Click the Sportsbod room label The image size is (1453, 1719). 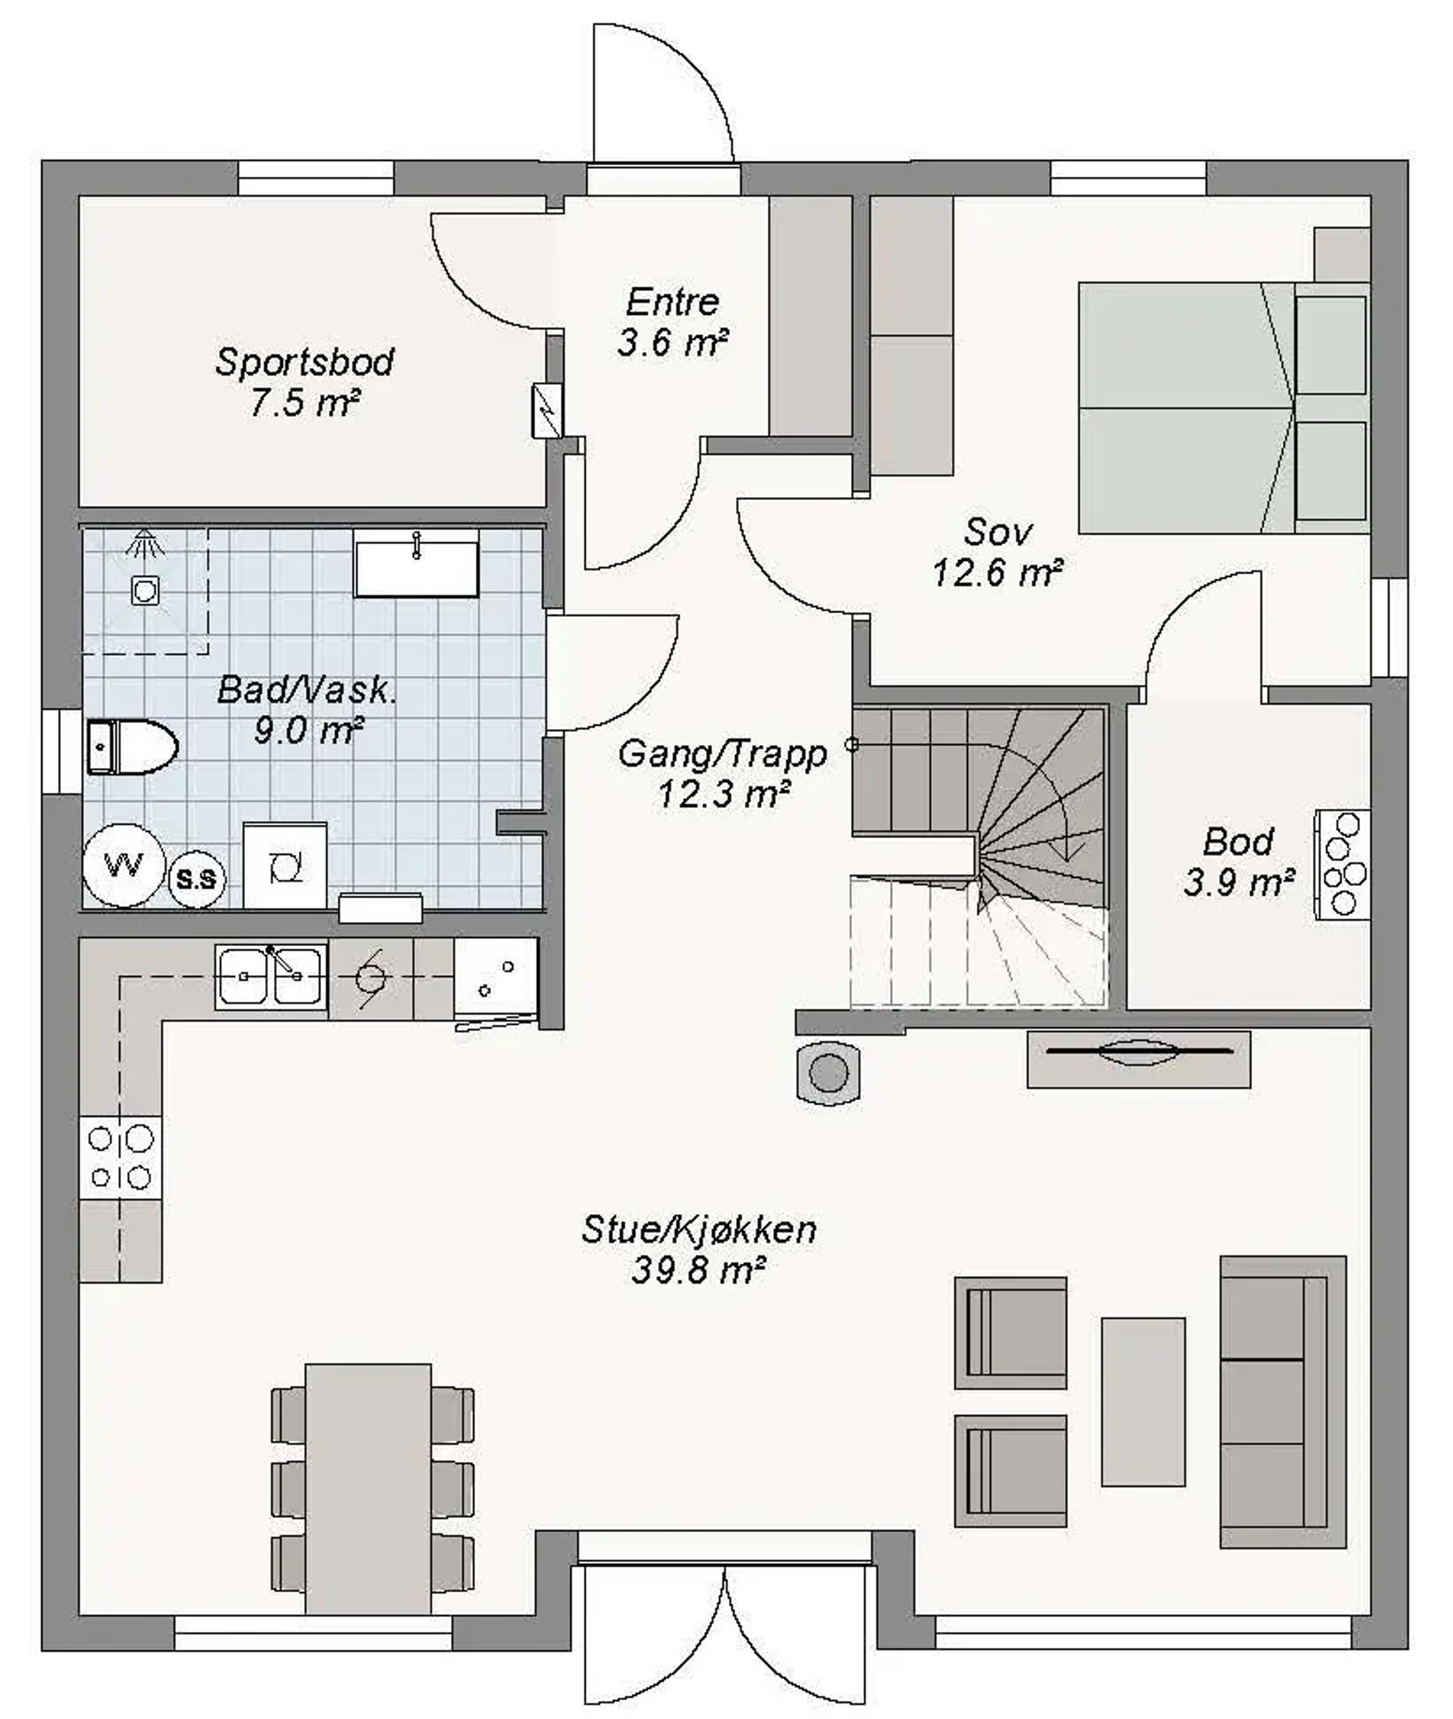click(x=305, y=363)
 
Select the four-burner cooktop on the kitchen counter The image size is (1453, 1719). click(x=120, y=1157)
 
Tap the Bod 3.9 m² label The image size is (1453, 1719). click(x=1237, y=861)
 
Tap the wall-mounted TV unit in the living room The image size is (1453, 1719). click(x=1138, y=1059)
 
